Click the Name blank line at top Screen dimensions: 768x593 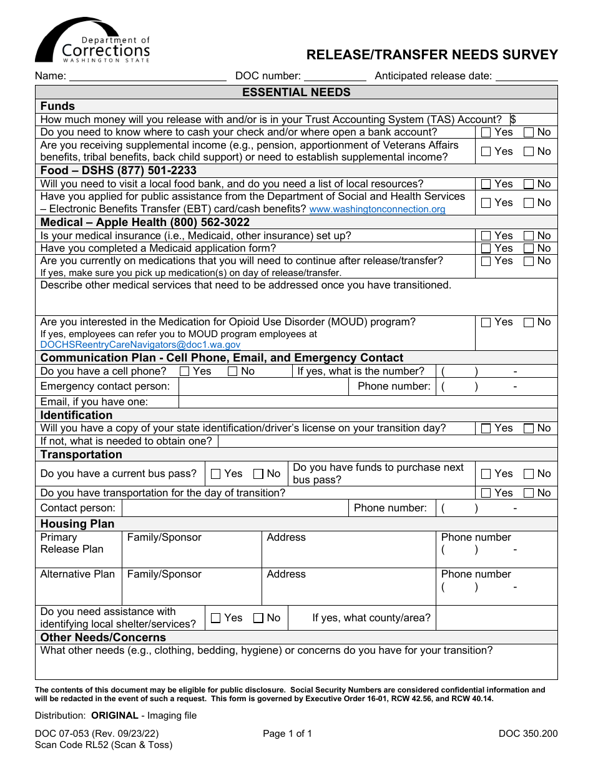point(147,76)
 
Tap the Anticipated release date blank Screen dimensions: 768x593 point(526,76)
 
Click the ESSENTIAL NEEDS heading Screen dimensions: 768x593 point(296,92)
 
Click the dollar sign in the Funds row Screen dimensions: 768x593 point(513,119)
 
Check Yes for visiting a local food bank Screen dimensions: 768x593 point(486,184)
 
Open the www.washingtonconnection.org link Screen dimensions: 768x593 point(377,210)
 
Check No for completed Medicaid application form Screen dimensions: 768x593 point(529,249)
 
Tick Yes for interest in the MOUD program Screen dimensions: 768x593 point(486,323)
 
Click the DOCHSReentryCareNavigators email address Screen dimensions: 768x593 point(140,345)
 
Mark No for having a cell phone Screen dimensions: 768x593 point(233,372)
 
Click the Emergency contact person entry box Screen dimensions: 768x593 point(263,386)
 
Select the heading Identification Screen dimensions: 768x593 point(76,415)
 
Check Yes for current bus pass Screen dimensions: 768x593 point(216,474)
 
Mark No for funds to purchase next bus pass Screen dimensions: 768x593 point(529,474)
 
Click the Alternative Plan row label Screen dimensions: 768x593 point(77,574)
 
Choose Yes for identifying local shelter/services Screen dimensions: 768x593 point(216,618)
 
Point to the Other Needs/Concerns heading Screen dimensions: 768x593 point(103,638)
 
